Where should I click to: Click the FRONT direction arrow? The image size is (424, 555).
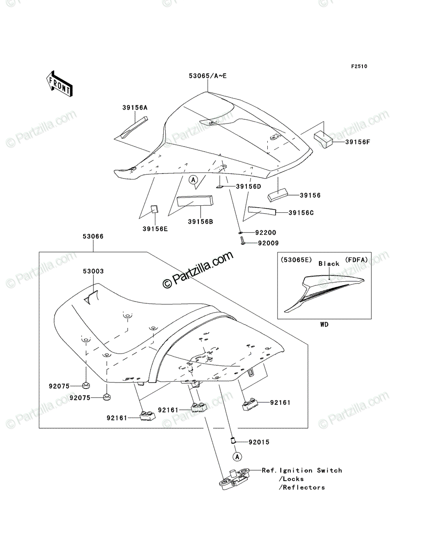(59, 83)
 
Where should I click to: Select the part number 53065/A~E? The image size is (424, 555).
(208, 76)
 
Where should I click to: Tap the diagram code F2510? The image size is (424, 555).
(359, 67)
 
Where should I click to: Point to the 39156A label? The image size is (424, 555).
(135, 108)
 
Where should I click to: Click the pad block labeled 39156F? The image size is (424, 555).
(323, 139)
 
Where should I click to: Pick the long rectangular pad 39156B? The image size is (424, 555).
(195, 201)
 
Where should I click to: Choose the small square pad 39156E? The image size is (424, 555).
(154, 209)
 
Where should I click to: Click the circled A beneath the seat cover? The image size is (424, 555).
(193, 180)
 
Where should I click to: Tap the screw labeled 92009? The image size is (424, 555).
(242, 240)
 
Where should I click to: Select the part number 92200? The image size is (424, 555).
(265, 233)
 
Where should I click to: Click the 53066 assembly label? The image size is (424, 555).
(93, 236)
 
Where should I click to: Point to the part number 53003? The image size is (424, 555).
(93, 271)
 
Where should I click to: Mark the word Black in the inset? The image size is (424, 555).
(329, 264)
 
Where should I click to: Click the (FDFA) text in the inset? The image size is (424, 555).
(356, 259)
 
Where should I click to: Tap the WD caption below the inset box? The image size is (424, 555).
(324, 324)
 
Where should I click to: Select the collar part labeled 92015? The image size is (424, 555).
(233, 441)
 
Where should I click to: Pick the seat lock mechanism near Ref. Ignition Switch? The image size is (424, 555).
(234, 479)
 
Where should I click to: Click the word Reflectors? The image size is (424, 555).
(304, 487)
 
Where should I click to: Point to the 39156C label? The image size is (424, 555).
(301, 213)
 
